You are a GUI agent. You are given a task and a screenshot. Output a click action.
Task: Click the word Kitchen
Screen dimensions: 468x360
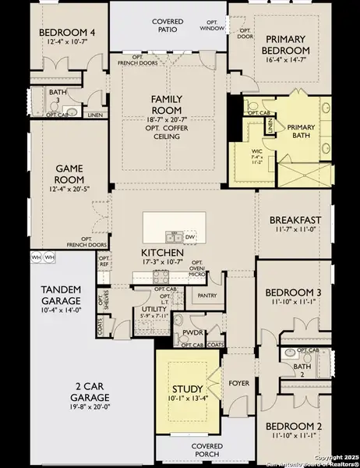tap(162, 253)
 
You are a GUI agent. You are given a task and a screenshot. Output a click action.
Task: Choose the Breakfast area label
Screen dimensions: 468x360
tap(290, 220)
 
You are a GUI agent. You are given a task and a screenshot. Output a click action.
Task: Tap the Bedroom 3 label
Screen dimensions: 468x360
tap(292, 292)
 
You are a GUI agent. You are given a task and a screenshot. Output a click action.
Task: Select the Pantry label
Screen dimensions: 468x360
tap(207, 296)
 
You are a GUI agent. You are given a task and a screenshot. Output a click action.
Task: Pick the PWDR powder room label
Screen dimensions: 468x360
tap(192, 331)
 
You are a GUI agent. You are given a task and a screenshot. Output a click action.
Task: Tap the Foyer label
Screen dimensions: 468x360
tap(238, 383)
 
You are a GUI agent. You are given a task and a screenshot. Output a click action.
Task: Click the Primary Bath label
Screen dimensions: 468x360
tap(301, 130)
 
